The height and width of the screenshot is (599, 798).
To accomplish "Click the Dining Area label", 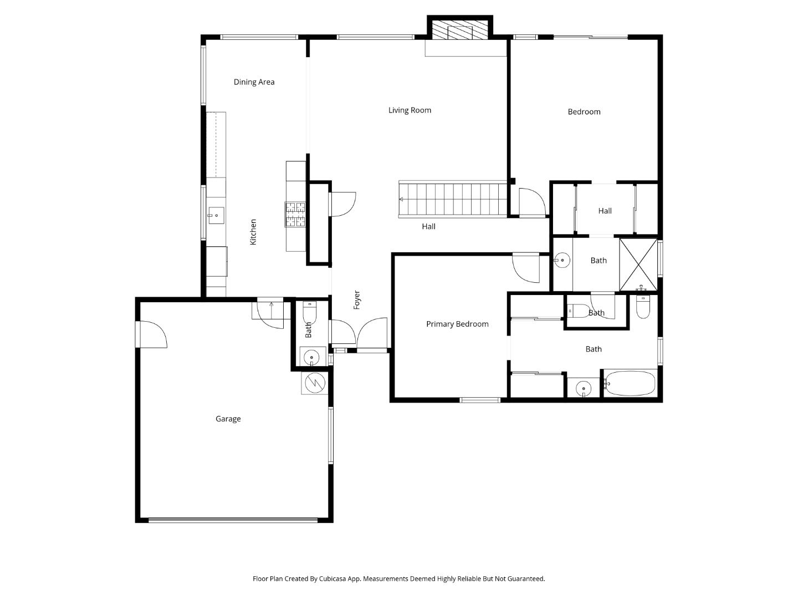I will click(x=254, y=82).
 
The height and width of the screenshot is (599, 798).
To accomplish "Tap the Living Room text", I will click(x=410, y=110).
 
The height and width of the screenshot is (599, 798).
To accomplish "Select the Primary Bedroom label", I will click(x=457, y=324).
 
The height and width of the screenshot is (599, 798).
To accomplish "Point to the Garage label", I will click(x=228, y=419).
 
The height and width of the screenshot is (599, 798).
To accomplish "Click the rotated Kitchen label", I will click(x=253, y=232).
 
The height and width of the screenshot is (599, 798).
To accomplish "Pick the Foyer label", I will click(x=357, y=299).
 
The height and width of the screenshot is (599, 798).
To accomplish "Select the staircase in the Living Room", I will click(x=453, y=199).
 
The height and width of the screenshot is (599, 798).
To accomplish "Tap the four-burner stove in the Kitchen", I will click(x=295, y=215).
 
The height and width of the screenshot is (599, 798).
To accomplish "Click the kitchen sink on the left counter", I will click(x=216, y=215).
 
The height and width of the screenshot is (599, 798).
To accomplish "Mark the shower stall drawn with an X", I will click(x=638, y=265).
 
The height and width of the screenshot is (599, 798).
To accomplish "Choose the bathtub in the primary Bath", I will click(x=630, y=383).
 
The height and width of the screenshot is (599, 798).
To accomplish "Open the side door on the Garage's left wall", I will click(x=151, y=334).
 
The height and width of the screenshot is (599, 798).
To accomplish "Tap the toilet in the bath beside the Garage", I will click(x=309, y=313).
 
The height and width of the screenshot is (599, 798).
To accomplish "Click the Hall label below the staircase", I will click(x=428, y=226).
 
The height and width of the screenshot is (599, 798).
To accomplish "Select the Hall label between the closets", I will click(x=605, y=211).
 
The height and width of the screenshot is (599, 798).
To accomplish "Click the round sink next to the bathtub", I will click(x=583, y=388).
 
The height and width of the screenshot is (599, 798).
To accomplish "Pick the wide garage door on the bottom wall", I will click(x=233, y=520).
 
